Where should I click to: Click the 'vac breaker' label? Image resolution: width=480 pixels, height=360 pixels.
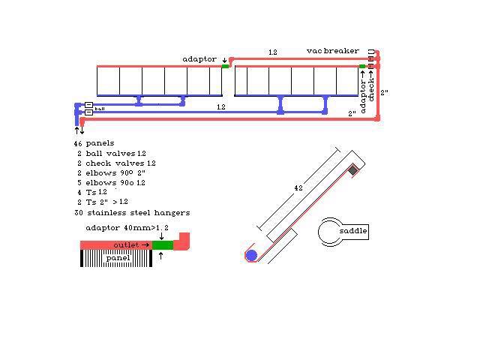coord(332,51)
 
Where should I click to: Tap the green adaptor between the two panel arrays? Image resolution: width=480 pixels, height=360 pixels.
coord(225,66)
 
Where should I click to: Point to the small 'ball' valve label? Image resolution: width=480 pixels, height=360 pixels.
coord(100,109)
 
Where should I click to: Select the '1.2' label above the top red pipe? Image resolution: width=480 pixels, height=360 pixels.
coord(272,52)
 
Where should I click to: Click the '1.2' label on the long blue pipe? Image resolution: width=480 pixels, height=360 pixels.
coord(221,107)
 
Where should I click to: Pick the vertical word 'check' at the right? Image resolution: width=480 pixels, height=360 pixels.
coord(370,88)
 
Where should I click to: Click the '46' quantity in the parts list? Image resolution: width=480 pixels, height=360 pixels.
coord(78,142)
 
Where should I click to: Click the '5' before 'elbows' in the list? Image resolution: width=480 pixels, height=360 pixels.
coord(79,182)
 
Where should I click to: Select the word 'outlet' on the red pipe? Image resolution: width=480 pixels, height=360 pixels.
coord(127,244)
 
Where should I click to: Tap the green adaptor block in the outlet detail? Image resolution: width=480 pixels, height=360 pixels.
coord(163,244)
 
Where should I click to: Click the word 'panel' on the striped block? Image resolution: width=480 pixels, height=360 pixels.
coord(118,258)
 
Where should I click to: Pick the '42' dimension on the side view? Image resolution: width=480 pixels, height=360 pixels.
coord(298,187)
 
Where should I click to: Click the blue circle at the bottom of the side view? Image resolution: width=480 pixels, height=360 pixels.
coord(251,255)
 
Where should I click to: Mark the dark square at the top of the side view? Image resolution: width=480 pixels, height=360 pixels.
coord(353,171)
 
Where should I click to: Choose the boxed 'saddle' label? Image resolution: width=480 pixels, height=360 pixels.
coord(353,231)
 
